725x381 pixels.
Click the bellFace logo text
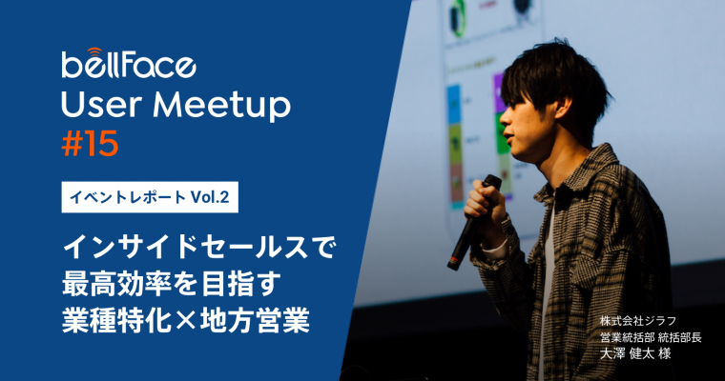129,66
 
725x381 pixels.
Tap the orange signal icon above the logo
94,50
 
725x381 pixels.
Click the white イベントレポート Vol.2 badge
150,197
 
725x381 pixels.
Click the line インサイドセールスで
197,248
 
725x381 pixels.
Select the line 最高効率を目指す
172,284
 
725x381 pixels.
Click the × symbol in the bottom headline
185,320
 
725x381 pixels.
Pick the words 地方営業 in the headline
255,320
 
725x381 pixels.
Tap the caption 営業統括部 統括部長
651,337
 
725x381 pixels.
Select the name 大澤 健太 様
635,353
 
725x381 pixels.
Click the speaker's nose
504,119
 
